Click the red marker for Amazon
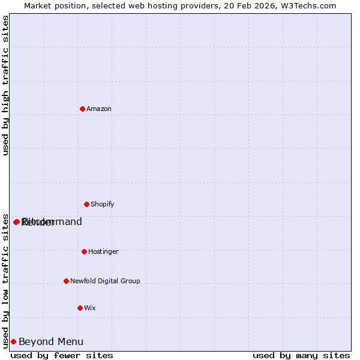(82, 109)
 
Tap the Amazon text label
(99, 109)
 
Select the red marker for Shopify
(86, 204)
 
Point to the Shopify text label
(103, 204)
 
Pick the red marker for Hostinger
(84, 251)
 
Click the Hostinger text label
(104, 251)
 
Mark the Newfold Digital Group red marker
(66, 281)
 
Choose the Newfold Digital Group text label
(105, 281)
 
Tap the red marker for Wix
(80, 308)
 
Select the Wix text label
(90, 308)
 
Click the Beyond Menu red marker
(13, 341)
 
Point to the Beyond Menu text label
(51, 342)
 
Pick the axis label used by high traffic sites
(5, 85)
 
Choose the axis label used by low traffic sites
(5, 280)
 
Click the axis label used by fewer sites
(62, 355)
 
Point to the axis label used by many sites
(301, 355)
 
